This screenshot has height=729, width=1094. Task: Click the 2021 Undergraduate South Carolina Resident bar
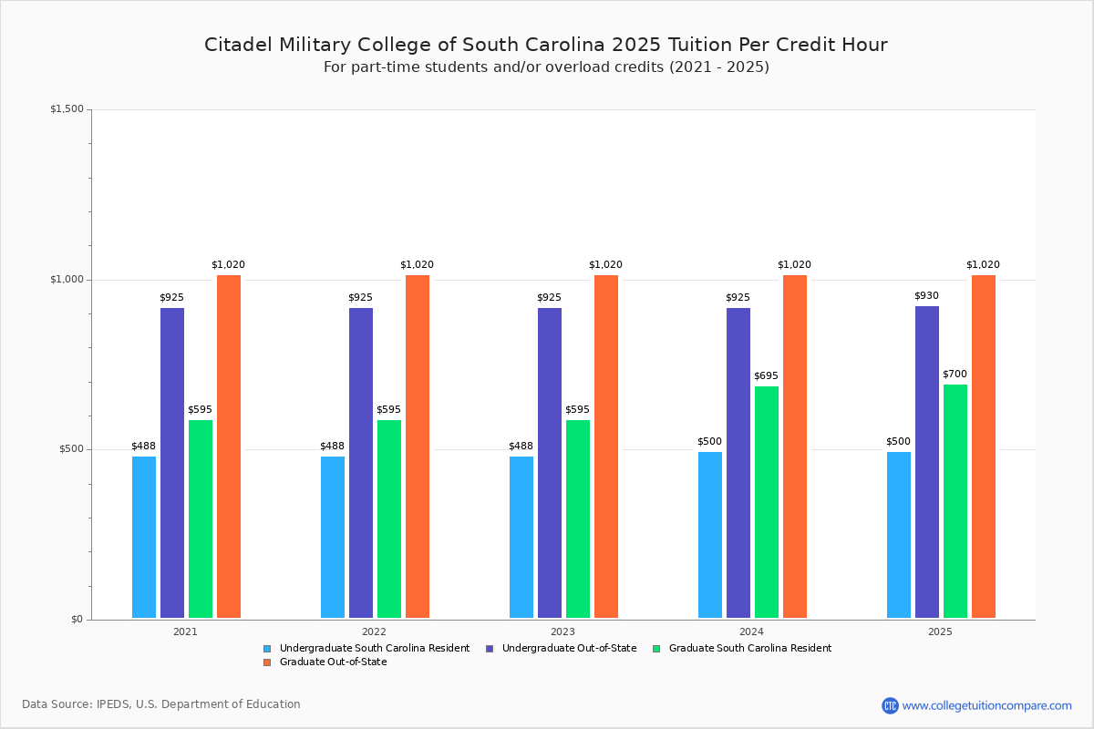pyautogui.click(x=144, y=537)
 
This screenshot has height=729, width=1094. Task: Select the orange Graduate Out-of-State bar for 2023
pyautogui.click(x=606, y=447)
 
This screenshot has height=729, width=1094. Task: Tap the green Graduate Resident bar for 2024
pyautogui.click(x=767, y=502)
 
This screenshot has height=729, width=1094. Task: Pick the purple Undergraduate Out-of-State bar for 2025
pyautogui.click(x=927, y=462)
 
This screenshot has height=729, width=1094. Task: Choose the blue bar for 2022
pyautogui.click(x=333, y=537)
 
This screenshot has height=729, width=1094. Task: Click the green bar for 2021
pyautogui.click(x=201, y=519)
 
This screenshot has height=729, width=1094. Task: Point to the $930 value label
pyautogui.click(x=926, y=296)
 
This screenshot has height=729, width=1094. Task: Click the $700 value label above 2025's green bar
pyautogui.click(x=955, y=375)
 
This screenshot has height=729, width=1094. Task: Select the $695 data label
pyautogui.click(x=766, y=376)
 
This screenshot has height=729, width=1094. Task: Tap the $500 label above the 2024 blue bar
pyautogui.click(x=709, y=442)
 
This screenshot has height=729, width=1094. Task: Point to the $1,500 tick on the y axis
pyautogui.click(x=67, y=109)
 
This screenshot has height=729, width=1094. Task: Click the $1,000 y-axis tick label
pyautogui.click(x=67, y=280)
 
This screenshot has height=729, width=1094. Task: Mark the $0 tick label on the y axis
pyautogui.click(x=77, y=620)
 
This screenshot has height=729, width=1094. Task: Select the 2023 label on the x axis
pyautogui.click(x=562, y=631)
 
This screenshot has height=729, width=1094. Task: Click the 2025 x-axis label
pyautogui.click(x=940, y=631)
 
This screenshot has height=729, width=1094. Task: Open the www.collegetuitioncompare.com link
pyautogui.click(x=986, y=705)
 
